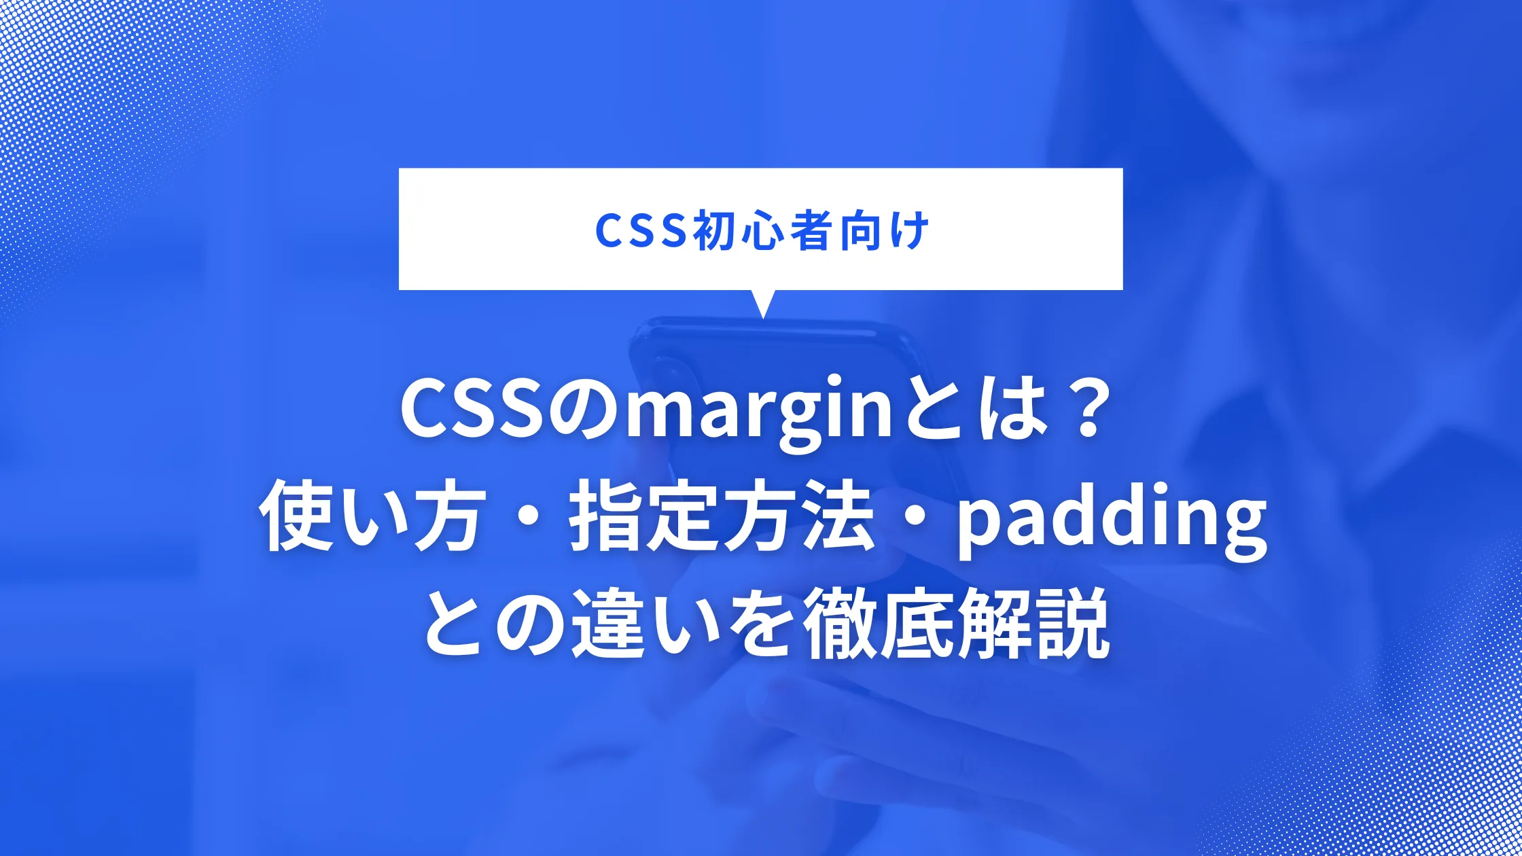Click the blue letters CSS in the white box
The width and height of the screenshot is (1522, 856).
[x=640, y=231]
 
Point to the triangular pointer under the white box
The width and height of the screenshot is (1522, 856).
[x=763, y=303]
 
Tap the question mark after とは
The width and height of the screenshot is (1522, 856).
[x=1080, y=411]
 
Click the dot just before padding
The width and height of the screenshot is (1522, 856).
[x=915, y=520]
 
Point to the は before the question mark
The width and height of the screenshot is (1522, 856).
[x=1005, y=411]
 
